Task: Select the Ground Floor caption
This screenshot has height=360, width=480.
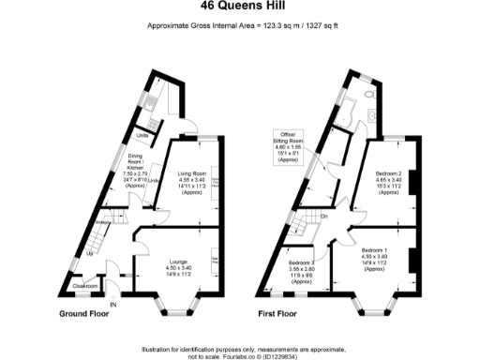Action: pos(86,312)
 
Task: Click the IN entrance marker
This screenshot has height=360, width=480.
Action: pos(113,306)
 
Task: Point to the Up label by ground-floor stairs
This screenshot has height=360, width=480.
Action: pos(91,253)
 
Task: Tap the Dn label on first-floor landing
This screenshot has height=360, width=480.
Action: pos(324,217)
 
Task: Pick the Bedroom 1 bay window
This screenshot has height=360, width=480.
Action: pos(374,302)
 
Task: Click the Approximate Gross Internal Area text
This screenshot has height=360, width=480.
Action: pos(240,25)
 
